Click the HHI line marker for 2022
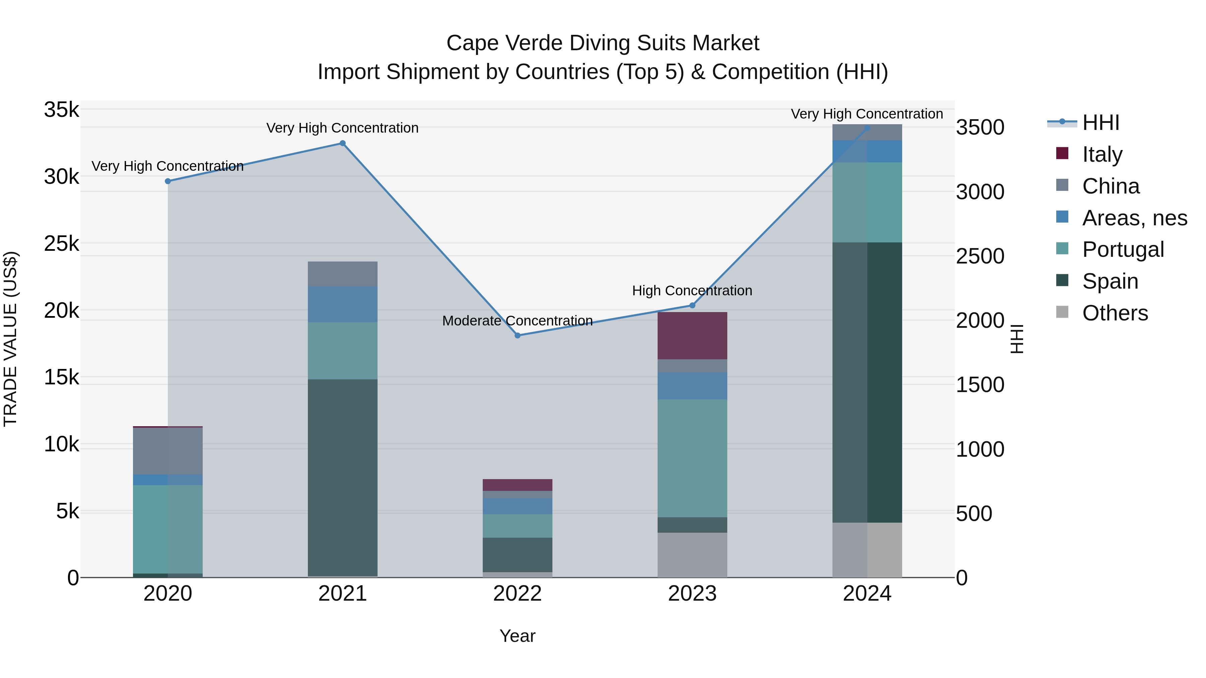coord(517,335)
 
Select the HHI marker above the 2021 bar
coord(343,143)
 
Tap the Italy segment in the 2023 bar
coord(692,335)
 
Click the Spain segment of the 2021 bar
coord(343,477)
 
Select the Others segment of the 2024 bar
coord(867,550)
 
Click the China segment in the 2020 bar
coord(167,451)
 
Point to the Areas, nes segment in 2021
coord(343,304)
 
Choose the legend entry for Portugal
coord(1122,249)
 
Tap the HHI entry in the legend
coord(1100,123)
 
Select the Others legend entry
coord(1114,313)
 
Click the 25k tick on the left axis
coord(61,244)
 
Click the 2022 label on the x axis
coord(517,594)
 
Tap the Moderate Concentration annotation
coord(517,321)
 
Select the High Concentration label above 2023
coord(692,291)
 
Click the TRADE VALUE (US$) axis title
coord(10,339)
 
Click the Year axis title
coord(517,636)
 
